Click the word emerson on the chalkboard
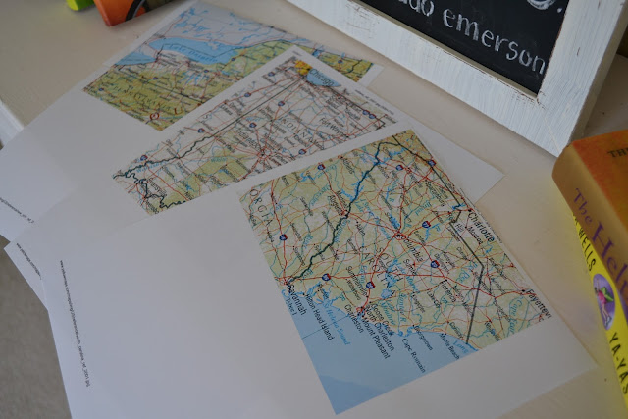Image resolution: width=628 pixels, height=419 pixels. tap(500, 41)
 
